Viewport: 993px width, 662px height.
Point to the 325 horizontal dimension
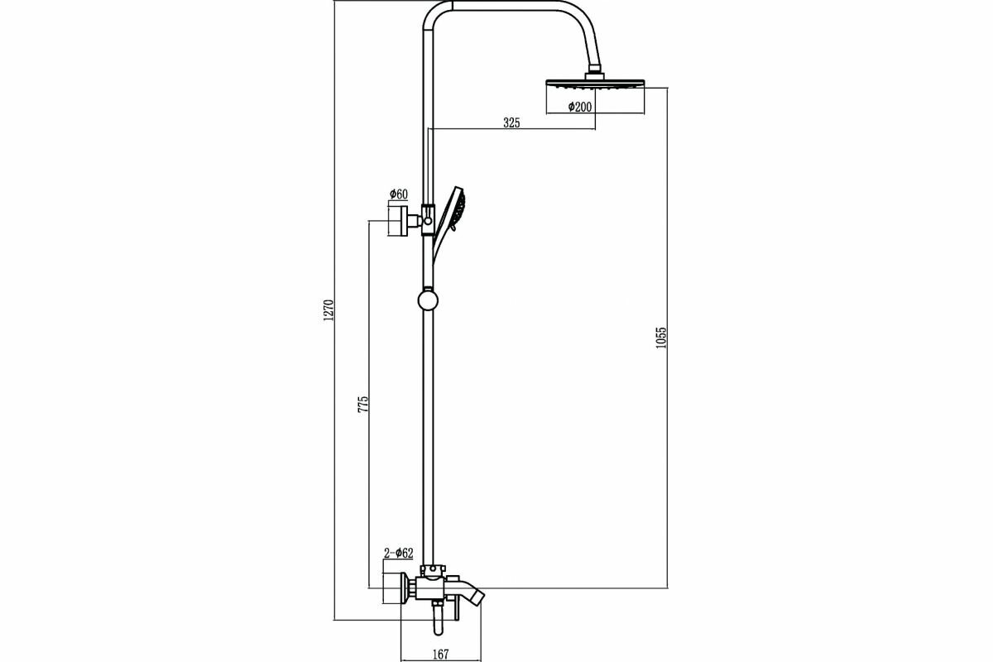click(511, 122)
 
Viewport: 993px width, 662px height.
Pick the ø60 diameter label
click(397, 194)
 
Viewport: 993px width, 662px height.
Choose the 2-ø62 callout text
click(398, 553)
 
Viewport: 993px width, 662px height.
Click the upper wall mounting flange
click(399, 221)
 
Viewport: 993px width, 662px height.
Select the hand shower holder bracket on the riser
click(428, 220)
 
